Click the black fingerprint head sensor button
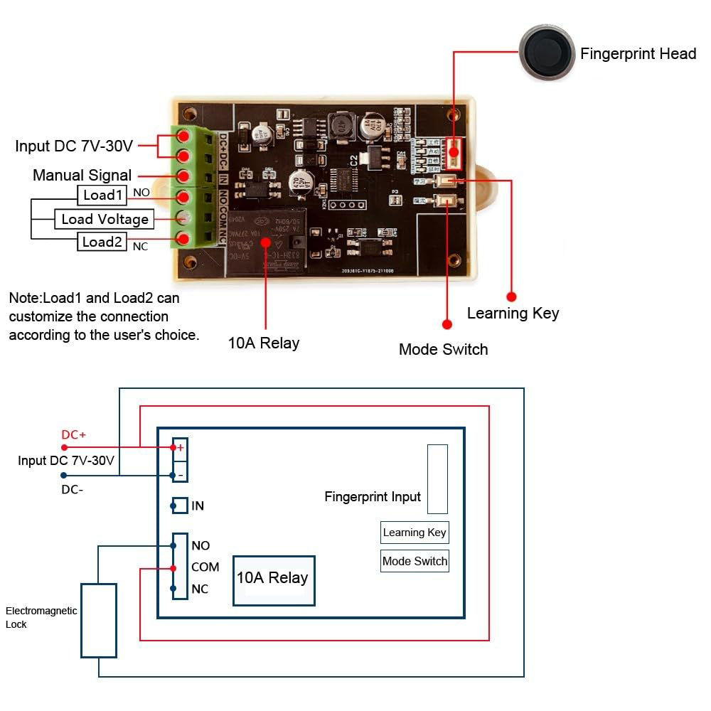click(546, 53)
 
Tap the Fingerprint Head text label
click(638, 54)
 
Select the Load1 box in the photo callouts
click(102, 195)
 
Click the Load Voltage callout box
click(105, 219)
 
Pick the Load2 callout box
click(102, 242)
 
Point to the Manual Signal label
click(82, 175)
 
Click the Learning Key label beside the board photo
click(513, 314)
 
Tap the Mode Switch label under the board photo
click(443, 349)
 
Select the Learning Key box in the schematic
click(415, 533)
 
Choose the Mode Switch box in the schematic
click(415, 561)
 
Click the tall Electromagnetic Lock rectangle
click(98, 621)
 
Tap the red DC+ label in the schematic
click(73, 434)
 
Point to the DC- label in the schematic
click(73, 489)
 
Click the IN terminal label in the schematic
click(198, 506)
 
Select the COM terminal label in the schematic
click(205, 567)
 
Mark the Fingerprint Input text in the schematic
click(373, 497)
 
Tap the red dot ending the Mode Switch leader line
click(447, 324)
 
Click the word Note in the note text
click(23, 297)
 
